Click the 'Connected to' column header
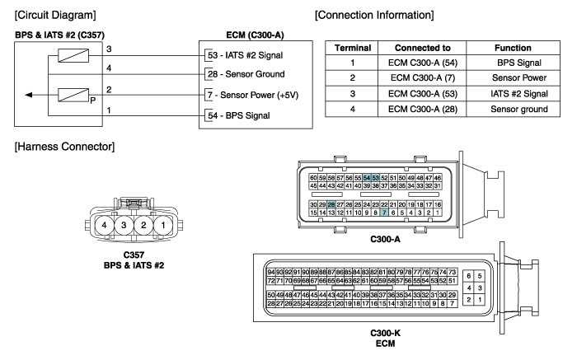pyautogui.click(x=422, y=48)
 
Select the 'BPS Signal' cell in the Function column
pyautogui.click(x=518, y=63)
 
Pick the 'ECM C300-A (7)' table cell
pyautogui.click(x=422, y=78)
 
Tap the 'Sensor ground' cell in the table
pyautogui.click(x=518, y=110)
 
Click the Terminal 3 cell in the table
pyautogui.click(x=352, y=94)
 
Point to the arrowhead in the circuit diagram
pyautogui.click(x=28, y=95)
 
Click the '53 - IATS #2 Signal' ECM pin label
pyautogui.click(x=245, y=55)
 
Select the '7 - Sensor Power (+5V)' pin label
pyautogui.click(x=253, y=95)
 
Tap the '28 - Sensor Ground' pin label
pyautogui.click(x=246, y=74)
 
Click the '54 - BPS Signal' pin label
pyautogui.click(x=238, y=115)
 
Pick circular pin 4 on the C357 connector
pyautogui.click(x=105, y=225)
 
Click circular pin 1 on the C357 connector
pyautogui.click(x=163, y=225)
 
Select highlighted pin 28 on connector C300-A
pyautogui.click(x=331, y=204)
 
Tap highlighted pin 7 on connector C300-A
pyautogui.click(x=384, y=213)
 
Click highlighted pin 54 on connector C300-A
pyautogui.click(x=367, y=178)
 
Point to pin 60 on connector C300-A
pyautogui.click(x=313, y=178)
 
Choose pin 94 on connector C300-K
pyautogui.click(x=271, y=272)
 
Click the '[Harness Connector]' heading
pyautogui.click(x=64, y=147)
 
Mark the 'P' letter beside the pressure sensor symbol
pyautogui.click(x=92, y=100)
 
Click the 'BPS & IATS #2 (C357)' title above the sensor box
pyautogui.click(x=59, y=35)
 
